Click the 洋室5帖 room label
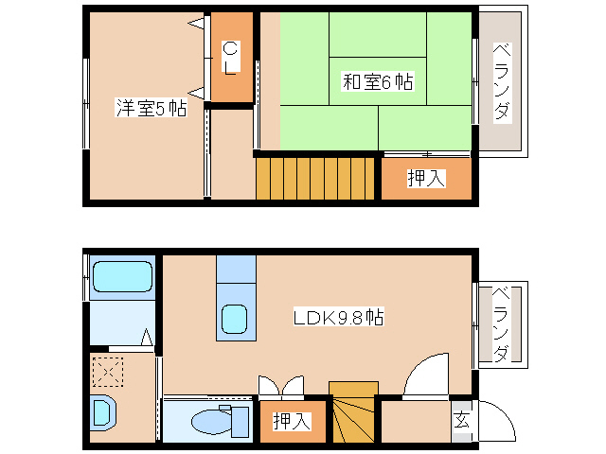151,109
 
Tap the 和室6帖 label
377,82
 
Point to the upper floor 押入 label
426,178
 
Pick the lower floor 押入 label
292,422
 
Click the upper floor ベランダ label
502,83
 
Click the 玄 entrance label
461,419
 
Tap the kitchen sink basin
234,320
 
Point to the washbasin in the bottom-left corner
102,412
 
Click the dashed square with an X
107,373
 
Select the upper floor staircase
317,178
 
